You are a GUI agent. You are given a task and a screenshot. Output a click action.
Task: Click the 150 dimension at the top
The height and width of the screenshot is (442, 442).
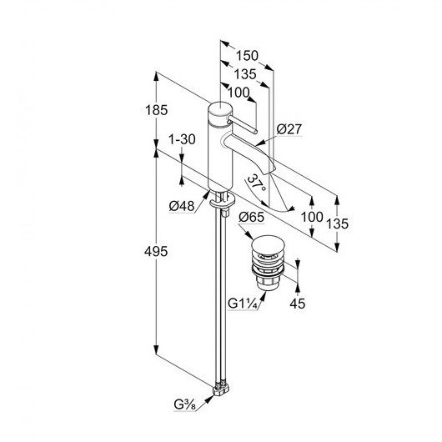(247, 56)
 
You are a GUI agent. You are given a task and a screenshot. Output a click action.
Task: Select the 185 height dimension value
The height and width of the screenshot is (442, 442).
(156, 110)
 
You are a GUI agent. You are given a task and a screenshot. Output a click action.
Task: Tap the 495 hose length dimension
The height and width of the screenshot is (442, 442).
(156, 251)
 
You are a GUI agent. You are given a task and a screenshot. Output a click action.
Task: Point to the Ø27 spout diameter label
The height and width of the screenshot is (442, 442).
(289, 129)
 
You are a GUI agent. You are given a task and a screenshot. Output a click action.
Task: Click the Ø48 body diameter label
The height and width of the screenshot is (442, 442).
(182, 206)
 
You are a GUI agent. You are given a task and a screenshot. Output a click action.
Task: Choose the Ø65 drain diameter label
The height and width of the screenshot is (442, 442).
(252, 217)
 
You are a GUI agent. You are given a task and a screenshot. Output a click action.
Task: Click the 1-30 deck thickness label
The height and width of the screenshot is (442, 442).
(182, 139)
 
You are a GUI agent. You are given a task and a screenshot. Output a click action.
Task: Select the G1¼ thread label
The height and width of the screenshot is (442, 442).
(243, 304)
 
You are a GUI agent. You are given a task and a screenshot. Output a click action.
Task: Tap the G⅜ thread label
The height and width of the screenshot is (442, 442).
(184, 404)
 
